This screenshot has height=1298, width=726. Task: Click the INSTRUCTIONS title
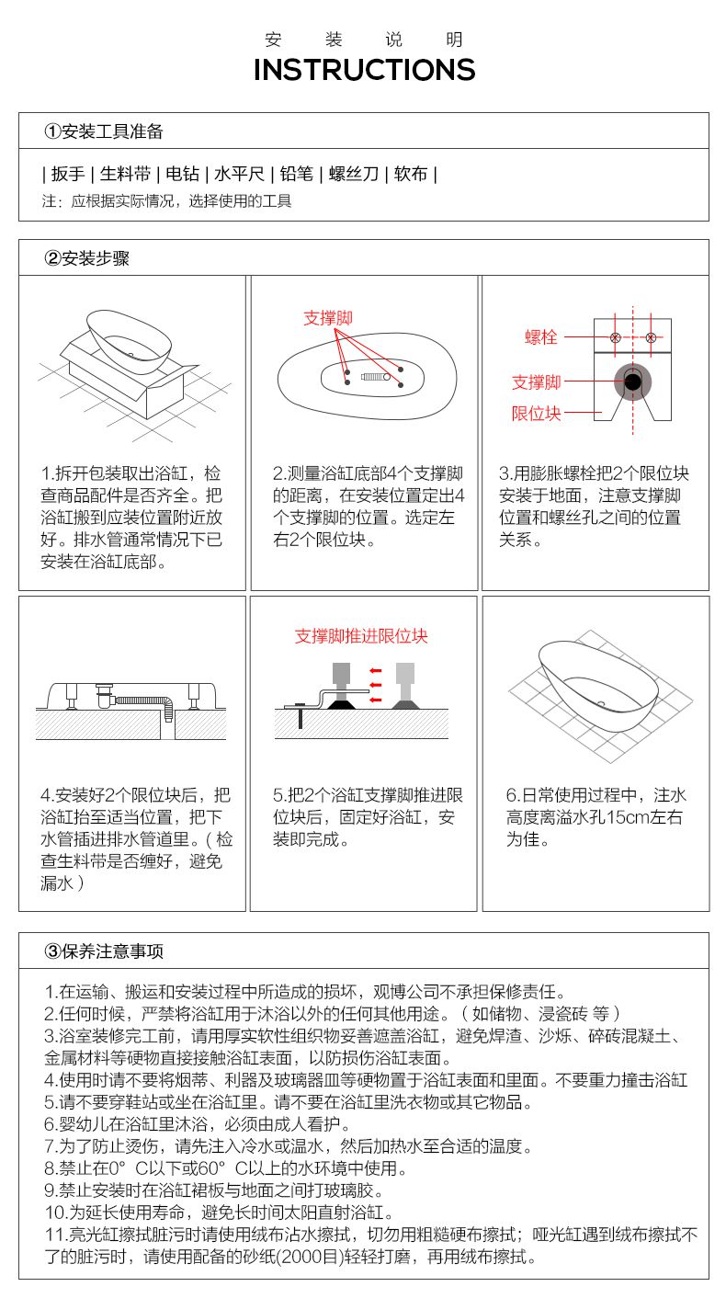point(364,70)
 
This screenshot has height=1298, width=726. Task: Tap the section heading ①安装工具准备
point(104,131)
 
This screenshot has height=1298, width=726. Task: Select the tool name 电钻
point(182,173)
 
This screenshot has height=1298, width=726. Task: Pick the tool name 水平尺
point(239,173)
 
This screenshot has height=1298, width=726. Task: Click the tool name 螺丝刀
point(354,173)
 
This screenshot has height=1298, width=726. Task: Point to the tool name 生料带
point(125,173)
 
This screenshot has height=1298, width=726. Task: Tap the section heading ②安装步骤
point(87,258)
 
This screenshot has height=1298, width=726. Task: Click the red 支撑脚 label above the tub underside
point(328,317)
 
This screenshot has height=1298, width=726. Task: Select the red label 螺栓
point(540,336)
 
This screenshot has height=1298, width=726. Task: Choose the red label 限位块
point(536,413)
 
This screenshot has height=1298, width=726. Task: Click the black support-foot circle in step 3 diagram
point(632,381)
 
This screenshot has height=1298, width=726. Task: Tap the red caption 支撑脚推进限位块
point(361,636)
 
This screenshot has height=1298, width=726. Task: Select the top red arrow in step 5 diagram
point(376,671)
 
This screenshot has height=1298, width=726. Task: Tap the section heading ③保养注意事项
point(104,951)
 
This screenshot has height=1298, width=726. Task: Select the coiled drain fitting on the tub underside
point(376,377)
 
